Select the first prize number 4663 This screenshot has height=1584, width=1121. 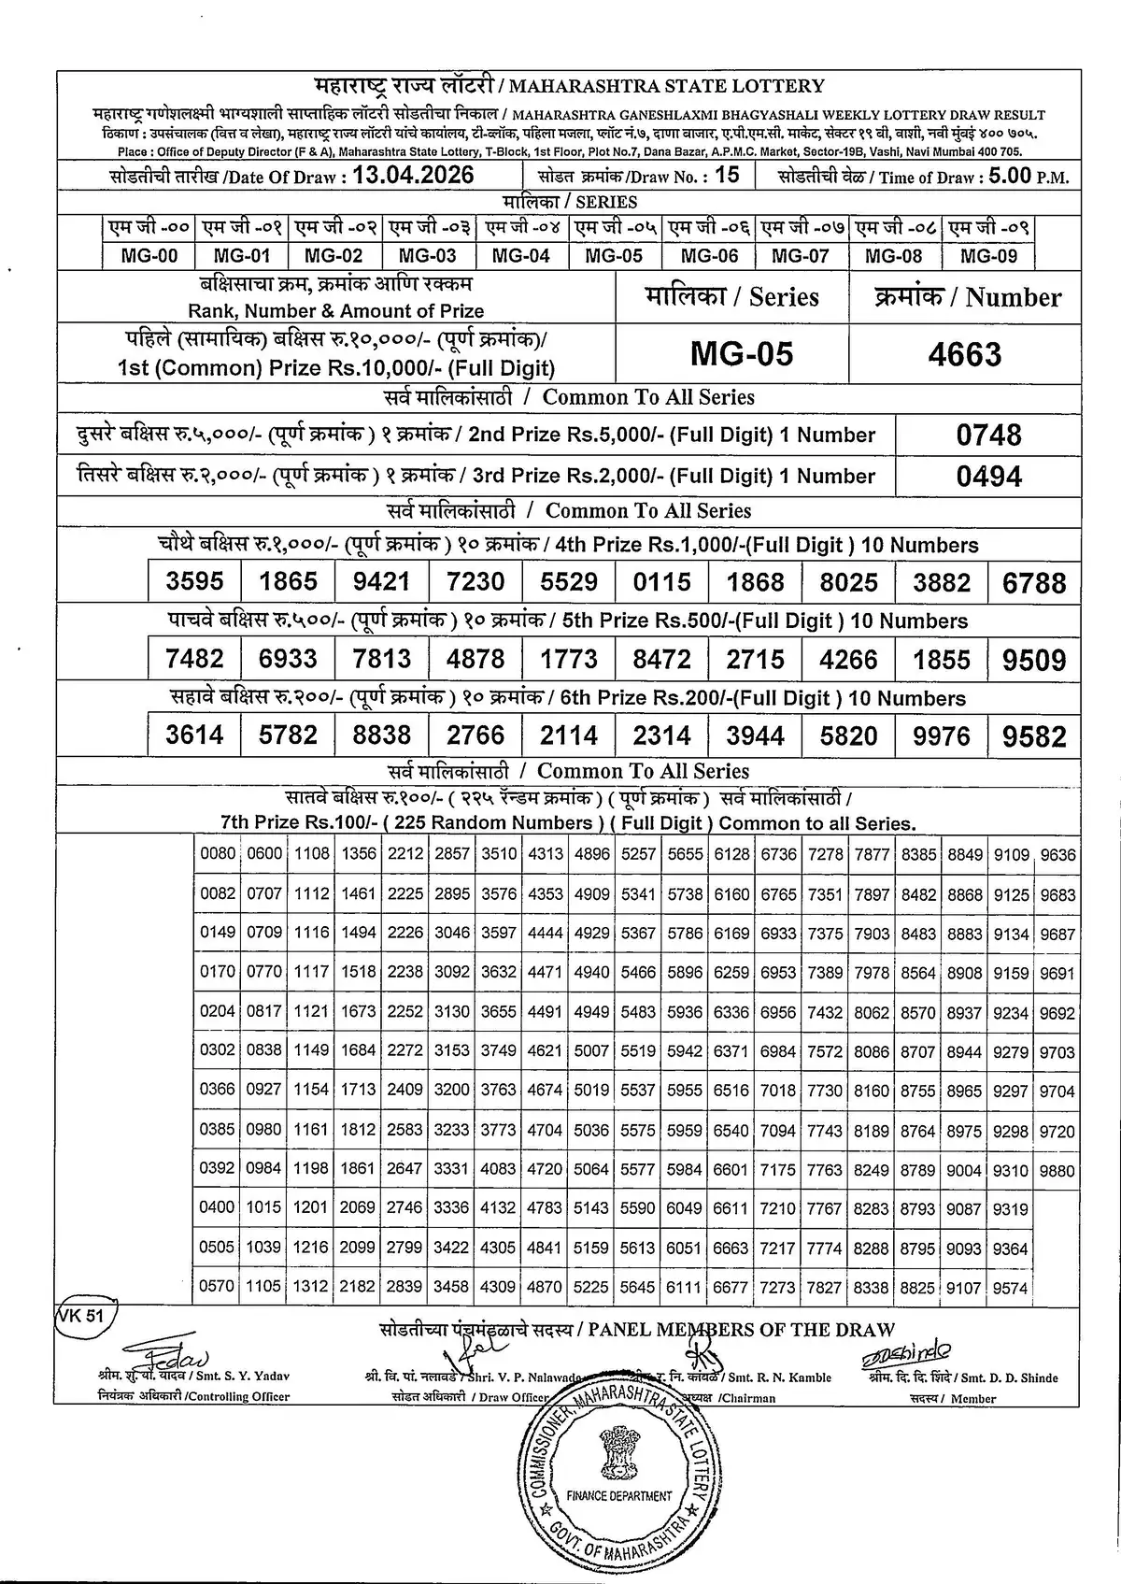965,354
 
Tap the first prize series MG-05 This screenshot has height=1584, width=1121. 741,354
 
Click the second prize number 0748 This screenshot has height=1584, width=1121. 988,435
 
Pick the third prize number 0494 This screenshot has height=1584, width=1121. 988,477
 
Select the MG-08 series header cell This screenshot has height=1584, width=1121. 893,255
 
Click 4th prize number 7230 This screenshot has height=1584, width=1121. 475,582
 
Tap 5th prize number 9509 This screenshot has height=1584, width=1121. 1033,660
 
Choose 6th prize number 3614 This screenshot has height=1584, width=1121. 194,735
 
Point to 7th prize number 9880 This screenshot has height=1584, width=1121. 1057,1170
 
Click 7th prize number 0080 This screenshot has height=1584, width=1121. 217,854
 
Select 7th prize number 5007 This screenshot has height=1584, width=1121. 591,1051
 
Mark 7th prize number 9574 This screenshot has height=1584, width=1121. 1010,1288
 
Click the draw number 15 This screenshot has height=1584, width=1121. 726,175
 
